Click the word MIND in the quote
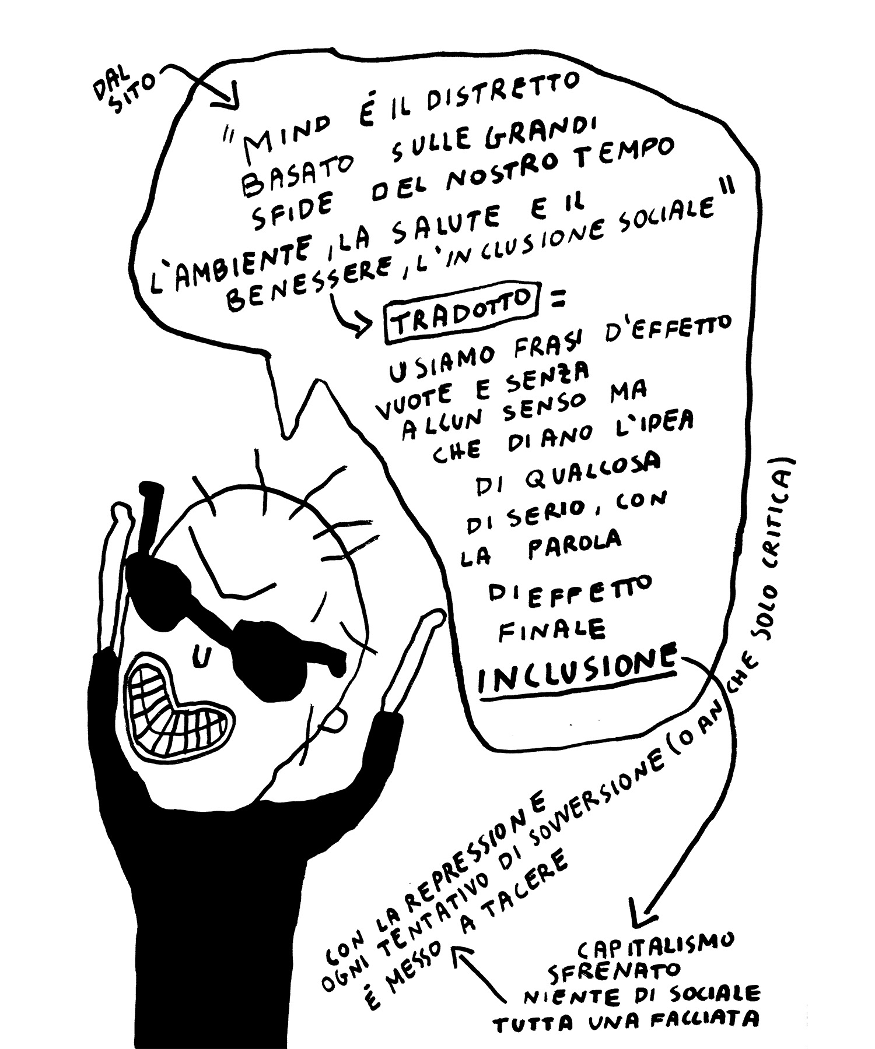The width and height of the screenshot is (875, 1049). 283,135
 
